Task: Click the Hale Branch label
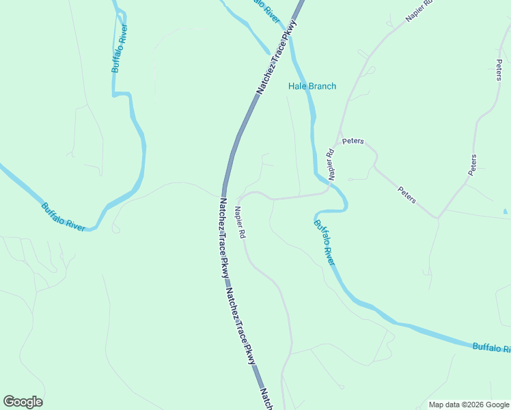[x=312, y=86]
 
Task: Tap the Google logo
[x=23, y=402]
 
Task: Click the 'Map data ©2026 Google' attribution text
[x=469, y=405]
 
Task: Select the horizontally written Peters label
[x=353, y=141]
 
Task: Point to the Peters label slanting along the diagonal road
[x=406, y=195]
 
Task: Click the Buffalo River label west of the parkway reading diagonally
[x=63, y=217]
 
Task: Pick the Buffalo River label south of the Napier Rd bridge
[x=325, y=243]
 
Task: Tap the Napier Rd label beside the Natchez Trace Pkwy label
[x=240, y=223]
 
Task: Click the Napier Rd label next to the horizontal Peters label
[x=331, y=165]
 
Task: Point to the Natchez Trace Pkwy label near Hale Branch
[x=277, y=59]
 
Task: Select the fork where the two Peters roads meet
[x=438, y=217]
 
